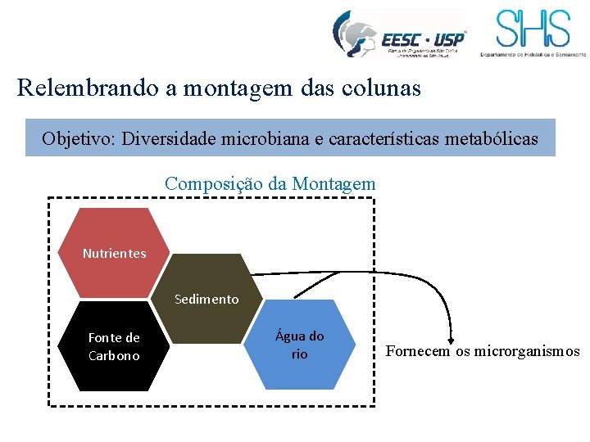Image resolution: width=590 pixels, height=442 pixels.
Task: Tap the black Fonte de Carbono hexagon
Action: click(114, 346)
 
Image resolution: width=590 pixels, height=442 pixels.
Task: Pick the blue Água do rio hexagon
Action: click(300, 345)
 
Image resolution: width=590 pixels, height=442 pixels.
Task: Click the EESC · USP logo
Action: click(399, 34)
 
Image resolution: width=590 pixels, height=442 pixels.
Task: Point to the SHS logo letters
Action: click(533, 29)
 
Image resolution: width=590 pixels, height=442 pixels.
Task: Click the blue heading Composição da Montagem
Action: click(270, 184)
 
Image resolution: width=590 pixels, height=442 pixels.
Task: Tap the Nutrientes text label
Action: click(114, 254)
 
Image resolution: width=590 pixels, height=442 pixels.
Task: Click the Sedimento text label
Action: click(207, 300)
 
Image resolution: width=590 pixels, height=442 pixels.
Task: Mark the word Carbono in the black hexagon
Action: click(114, 356)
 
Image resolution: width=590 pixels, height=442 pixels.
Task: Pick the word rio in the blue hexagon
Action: click(300, 354)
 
